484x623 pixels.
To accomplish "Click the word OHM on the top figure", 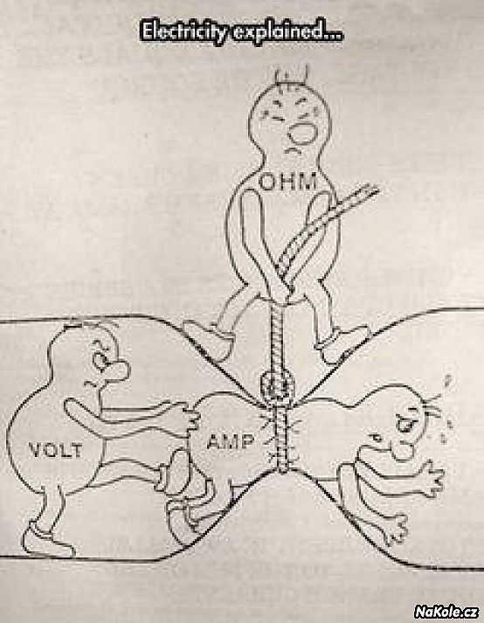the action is tap(289, 183).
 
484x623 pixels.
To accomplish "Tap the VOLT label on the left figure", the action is tap(55, 451).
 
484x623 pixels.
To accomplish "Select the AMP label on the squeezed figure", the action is tap(231, 441).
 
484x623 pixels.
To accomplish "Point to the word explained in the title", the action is tap(286, 31).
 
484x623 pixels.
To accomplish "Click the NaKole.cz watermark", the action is tap(446, 612).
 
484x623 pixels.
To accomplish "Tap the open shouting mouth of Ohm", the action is tap(301, 134).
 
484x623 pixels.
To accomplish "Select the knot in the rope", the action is tap(277, 384).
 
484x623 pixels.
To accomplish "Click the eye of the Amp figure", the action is tap(405, 426).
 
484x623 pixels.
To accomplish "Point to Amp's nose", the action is tap(402, 450).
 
